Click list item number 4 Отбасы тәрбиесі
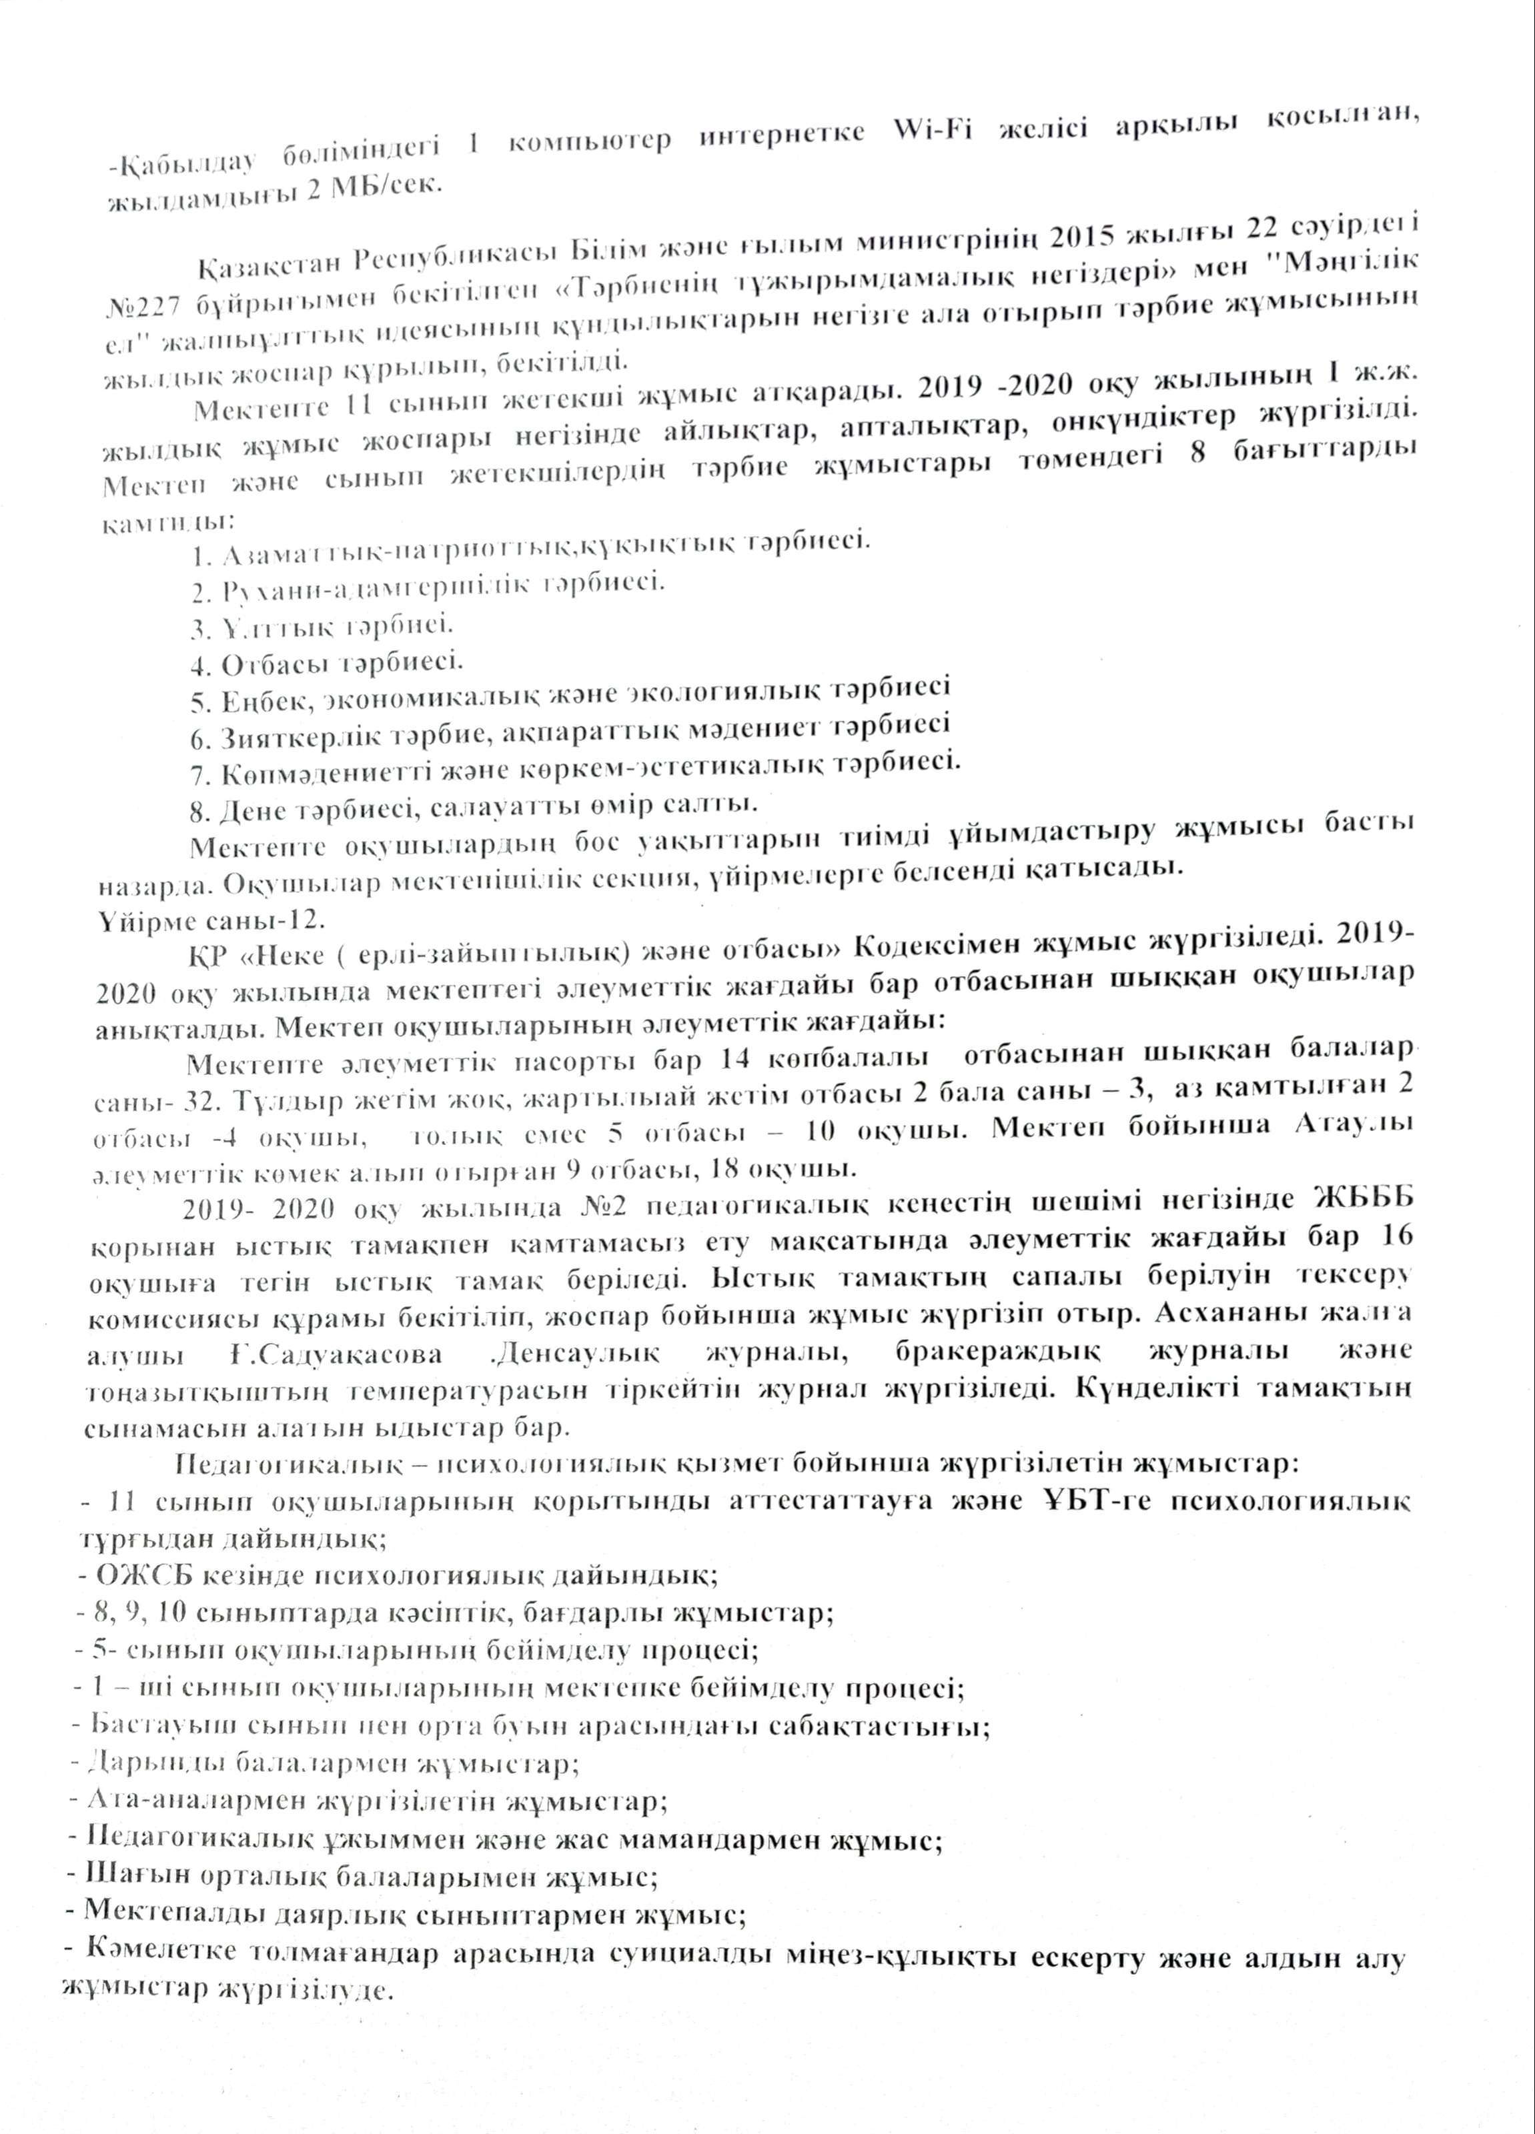point(326,664)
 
